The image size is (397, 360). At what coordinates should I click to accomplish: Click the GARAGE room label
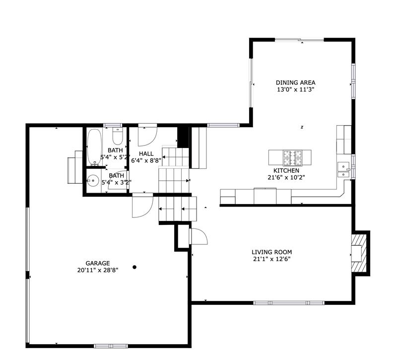(98, 263)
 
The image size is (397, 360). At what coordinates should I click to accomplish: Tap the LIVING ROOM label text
(271, 252)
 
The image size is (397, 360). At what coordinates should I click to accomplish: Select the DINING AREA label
(295, 82)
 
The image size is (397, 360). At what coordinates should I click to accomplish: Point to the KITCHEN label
(286, 170)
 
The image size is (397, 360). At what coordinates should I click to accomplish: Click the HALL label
(146, 154)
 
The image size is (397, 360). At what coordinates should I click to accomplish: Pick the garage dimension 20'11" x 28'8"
(98, 270)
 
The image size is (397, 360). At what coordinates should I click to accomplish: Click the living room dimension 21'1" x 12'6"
(271, 259)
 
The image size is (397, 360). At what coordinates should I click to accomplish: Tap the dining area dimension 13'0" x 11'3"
(295, 89)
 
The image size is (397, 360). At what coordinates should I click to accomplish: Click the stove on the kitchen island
(292, 157)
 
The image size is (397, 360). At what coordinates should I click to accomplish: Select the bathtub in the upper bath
(94, 147)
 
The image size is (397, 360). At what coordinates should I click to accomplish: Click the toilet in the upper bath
(118, 136)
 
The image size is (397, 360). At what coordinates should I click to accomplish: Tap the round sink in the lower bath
(93, 180)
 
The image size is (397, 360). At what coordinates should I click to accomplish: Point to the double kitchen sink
(343, 170)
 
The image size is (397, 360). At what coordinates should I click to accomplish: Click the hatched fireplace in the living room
(359, 253)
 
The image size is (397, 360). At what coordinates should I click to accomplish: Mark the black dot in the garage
(134, 267)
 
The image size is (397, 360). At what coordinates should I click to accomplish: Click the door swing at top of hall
(147, 136)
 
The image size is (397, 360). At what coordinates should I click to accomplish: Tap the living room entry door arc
(199, 236)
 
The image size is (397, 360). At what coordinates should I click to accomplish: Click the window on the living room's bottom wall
(289, 303)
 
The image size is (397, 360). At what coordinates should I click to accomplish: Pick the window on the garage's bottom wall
(111, 346)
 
